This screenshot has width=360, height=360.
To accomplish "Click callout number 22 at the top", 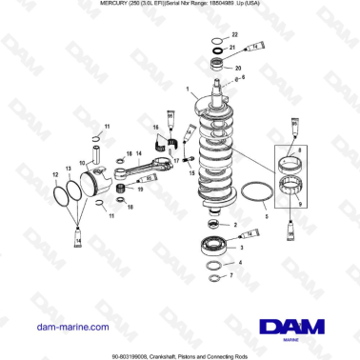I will (x=237, y=33).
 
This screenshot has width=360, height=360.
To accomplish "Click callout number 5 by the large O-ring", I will (x=267, y=218).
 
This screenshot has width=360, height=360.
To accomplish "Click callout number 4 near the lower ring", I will (x=240, y=261).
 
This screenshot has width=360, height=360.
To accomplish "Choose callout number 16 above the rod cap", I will (x=155, y=128).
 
